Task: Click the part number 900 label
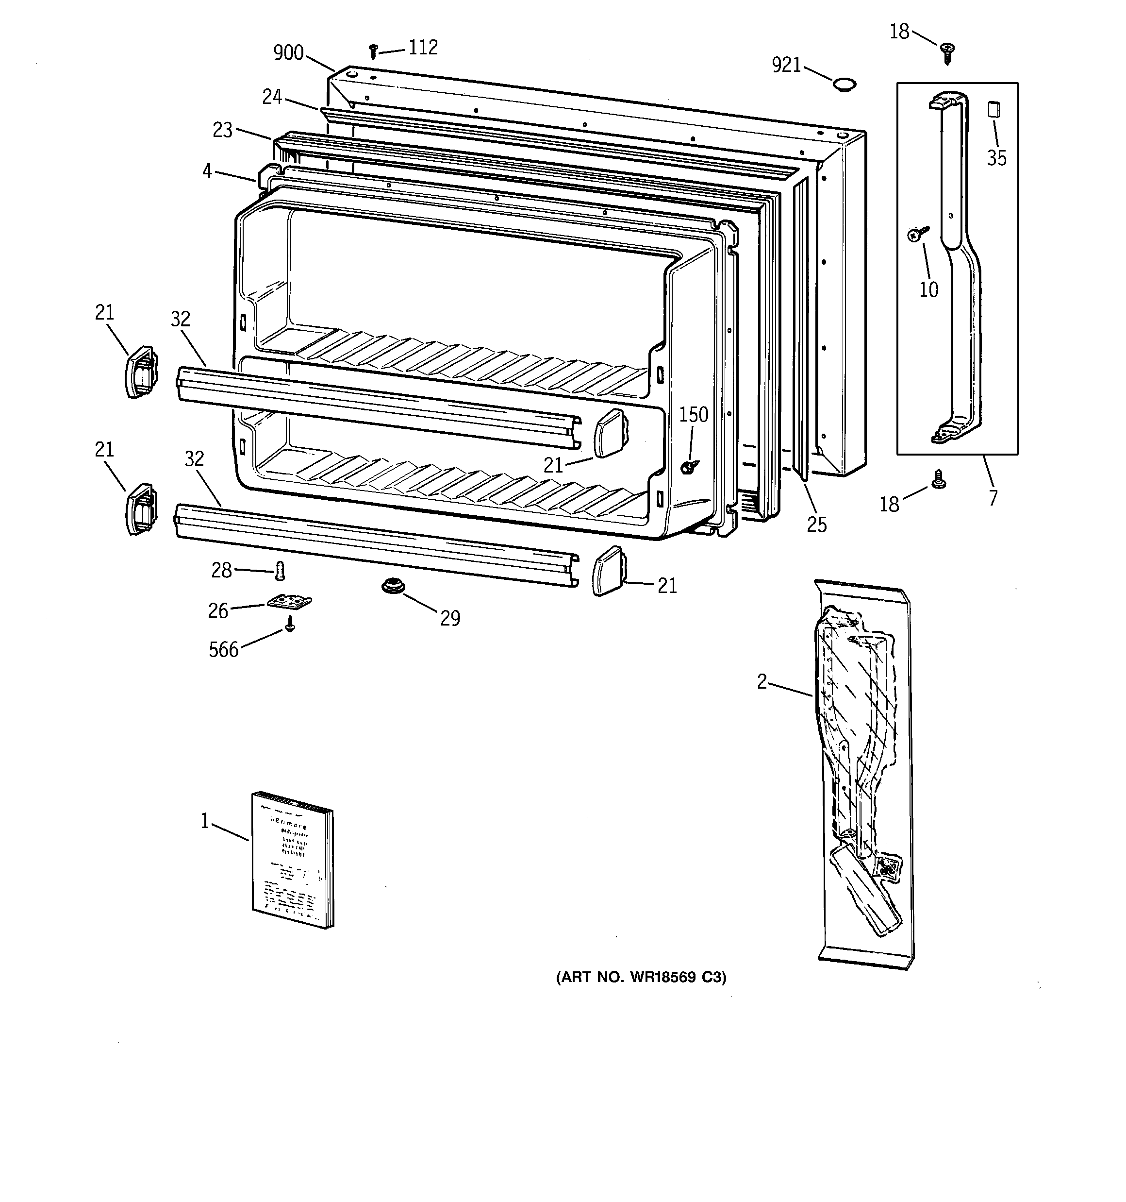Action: click(288, 53)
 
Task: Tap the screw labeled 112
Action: click(374, 51)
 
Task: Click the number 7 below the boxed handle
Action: click(993, 498)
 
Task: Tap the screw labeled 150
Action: click(688, 466)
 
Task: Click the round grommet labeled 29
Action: click(392, 585)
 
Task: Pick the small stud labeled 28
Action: click(279, 570)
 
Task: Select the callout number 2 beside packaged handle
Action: click(762, 682)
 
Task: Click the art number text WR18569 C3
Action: click(641, 977)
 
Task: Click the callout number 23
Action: click(222, 130)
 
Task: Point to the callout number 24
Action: click(272, 97)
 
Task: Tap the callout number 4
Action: click(207, 172)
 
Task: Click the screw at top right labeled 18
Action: click(947, 52)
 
